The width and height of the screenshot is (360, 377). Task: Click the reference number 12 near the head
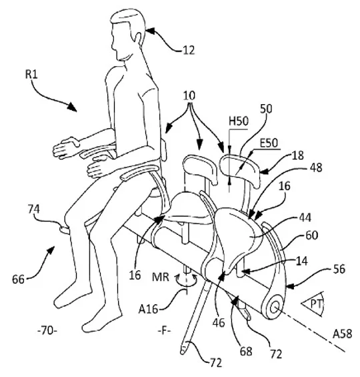pyautogui.click(x=189, y=51)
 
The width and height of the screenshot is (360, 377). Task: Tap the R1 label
pyautogui.click(x=31, y=75)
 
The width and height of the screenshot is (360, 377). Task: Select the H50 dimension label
pyautogui.click(x=239, y=121)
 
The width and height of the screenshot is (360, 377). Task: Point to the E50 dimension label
pyautogui.click(x=269, y=143)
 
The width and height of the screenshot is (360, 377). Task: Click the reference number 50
pyautogui.click(x=267, y=109)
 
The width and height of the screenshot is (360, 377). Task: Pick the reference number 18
pyautogui.click(x=298, y=155)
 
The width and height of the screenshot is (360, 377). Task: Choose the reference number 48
pyautogui.click(x=315, y=167)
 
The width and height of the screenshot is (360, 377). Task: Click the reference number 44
pyautogui.click(x=305, y=218)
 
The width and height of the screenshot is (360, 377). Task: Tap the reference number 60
pyautogui.click(x=312, y=235)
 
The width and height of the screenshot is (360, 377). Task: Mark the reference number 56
pyautogui.click(x=339, y=270)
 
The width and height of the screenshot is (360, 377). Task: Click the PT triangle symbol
pyautogui.click(x=313, y=304)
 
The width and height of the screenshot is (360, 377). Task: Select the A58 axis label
pyautogui.click(x=342, y=334)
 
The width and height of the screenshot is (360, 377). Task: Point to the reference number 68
pyautogui.click(x=246, y=351)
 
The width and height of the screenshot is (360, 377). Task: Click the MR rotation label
pyautogui.click(x=161, y=277)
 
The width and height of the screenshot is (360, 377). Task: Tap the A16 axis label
pyautogui.click(x=148, y=309)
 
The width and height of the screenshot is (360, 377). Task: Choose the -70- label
pyautogui.click(x=47, y=331)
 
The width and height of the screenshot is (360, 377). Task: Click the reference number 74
pyautogui.click(x=33, y=209)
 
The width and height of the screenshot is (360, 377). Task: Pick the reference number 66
pyautogui.click(x=19, y=280)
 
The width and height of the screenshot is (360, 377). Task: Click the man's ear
pyautogui.click(x=137, y=37)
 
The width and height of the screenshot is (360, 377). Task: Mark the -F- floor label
pyautogui.click(x=164, y=331)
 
